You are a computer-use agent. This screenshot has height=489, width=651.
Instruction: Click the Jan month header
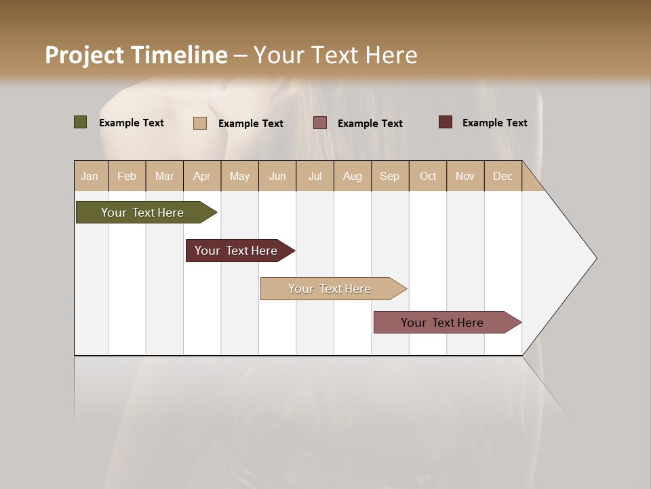pos(90,177)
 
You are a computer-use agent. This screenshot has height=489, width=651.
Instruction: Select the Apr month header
pos(202,177)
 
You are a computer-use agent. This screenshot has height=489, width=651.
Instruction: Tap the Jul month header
pos(315,177)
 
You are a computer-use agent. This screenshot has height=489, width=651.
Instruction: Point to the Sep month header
pos(390,177)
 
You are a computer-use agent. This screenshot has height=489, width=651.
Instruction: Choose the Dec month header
pos(503,177)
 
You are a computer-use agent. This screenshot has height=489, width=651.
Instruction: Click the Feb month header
pos(127,177)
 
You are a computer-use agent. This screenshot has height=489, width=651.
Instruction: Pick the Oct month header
pos(428,177)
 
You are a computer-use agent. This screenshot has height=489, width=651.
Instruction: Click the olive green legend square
pos(81,122)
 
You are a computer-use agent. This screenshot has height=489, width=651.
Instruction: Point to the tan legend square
pos(200,123)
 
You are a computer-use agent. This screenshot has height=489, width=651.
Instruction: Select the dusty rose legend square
pos(320,122)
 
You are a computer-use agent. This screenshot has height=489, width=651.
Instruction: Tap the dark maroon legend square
pos(446,122)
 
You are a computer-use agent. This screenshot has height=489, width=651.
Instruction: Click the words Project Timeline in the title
pos(136,55)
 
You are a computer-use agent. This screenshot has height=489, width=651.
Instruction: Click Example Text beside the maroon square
pos(495,123)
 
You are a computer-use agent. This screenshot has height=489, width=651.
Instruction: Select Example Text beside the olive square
pos(132,123)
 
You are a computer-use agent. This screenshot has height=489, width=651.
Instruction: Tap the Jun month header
pos(277,177)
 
